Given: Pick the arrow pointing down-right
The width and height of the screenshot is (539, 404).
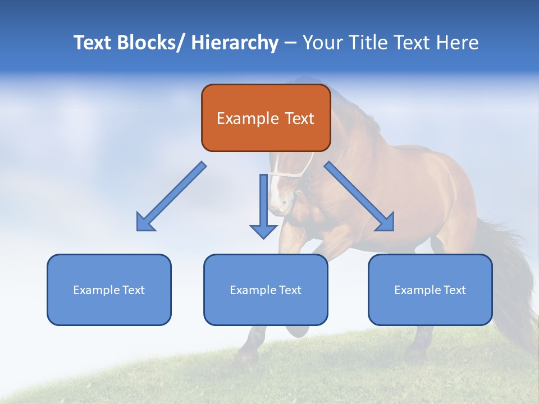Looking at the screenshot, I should [x=359, y=196].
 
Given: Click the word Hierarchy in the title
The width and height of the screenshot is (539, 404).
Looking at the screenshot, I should [x=235, y=43].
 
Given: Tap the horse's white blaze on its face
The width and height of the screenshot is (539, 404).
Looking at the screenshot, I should [x=276, y=191].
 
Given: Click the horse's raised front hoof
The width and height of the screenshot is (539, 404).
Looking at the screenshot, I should [x=298, y=331].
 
